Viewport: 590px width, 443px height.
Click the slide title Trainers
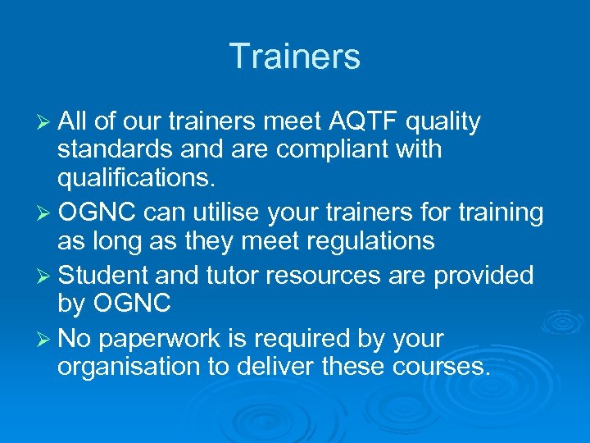point(295,57)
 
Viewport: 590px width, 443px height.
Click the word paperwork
point(171,339)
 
